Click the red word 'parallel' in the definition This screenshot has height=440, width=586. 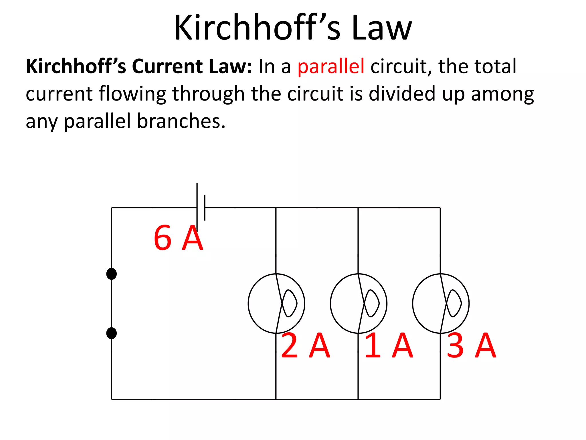[x=331, y=66]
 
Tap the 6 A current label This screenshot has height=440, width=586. [x=178, y=238]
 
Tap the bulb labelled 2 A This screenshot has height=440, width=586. [x=276, y=304]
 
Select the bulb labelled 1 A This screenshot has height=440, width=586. [x=359, y=304]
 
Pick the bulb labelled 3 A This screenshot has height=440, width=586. [x=441, y=304]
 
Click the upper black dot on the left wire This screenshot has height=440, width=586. [x=111, y=274]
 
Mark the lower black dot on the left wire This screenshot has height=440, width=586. [x=111, y=333]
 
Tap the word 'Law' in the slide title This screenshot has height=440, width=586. [x=382, y=28]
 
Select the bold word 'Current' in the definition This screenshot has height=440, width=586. [x=167, y=66]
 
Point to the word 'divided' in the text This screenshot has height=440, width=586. [x=402, y=94]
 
